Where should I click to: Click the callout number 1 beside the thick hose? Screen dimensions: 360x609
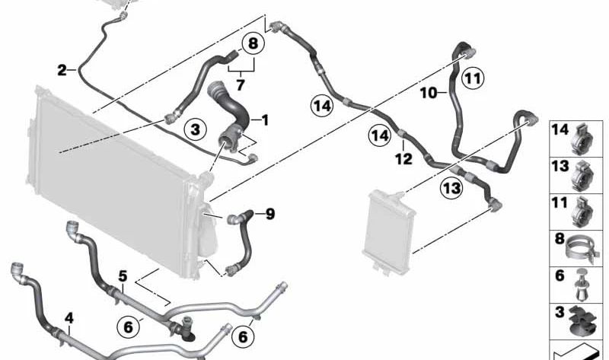265,119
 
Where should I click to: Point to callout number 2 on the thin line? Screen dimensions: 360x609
62,71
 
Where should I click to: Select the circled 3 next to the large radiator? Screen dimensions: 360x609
195,130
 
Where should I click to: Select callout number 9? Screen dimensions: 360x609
269,214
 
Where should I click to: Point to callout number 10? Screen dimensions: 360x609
429,93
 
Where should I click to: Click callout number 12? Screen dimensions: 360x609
403,158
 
